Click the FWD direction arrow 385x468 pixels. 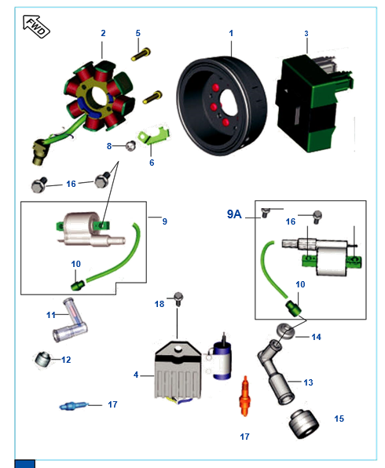pos(36,27)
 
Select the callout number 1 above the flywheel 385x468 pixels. pos(231,33)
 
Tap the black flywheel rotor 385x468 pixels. pos(222,105)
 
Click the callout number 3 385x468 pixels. pos(306,34)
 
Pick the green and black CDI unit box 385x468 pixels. pos(313,103)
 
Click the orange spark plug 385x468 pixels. pos(245,396)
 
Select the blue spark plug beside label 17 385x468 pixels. pos(74,406)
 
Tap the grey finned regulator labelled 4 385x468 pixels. pos(178,371)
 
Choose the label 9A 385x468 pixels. pos(234,214)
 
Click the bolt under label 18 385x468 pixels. pos(178,298)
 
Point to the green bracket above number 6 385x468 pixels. pos(154,135)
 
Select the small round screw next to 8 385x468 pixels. pos(130,145)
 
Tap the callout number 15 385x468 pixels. pos(339,419)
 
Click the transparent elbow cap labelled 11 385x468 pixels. pos(70,321)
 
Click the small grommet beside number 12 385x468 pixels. pos(42,359)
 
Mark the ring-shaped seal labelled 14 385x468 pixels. pos(285,331)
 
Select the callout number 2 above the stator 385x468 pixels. pos(103,33)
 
